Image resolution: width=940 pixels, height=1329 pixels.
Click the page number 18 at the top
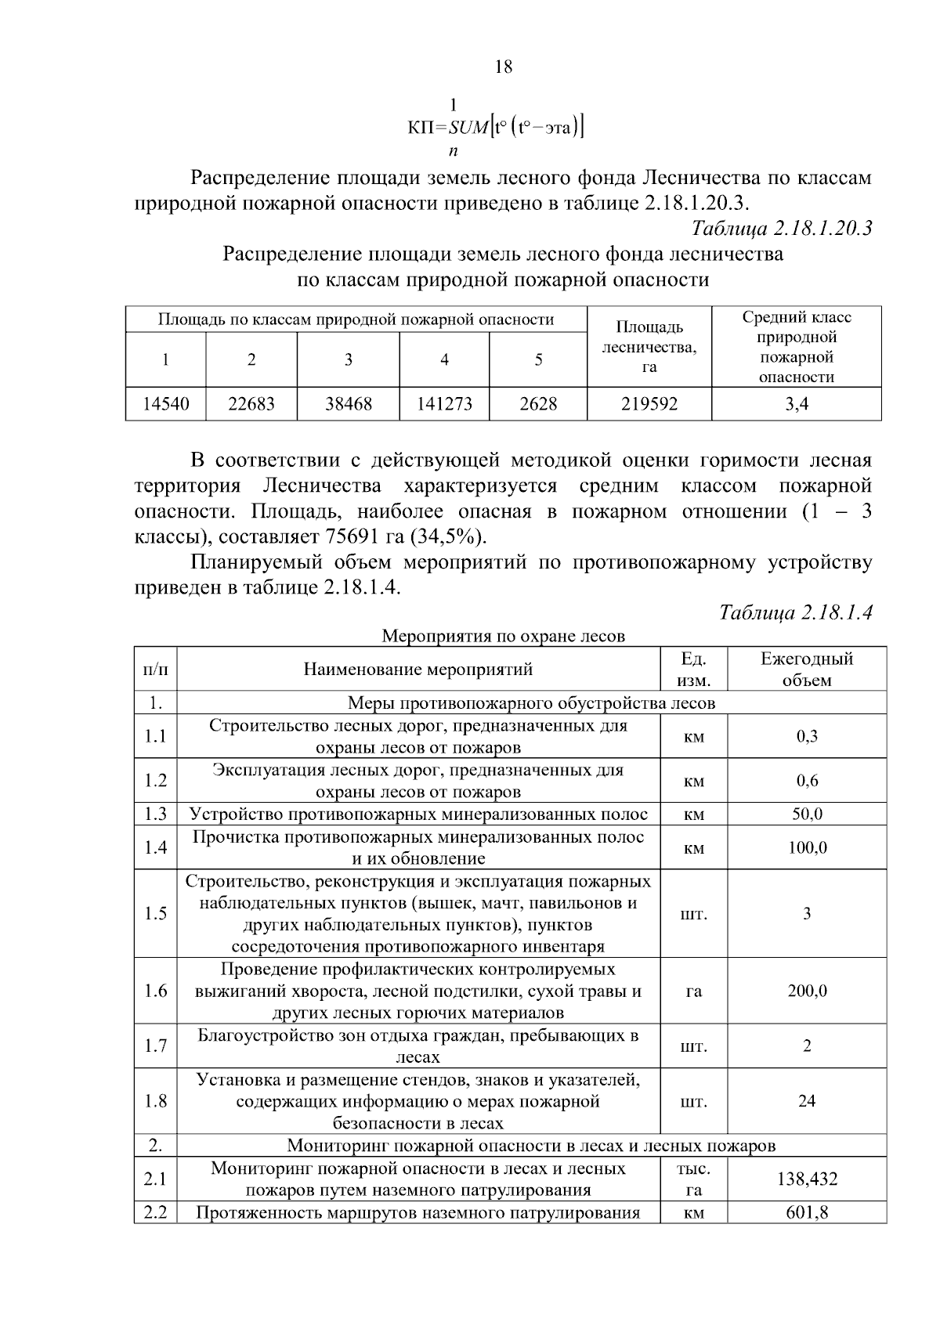point(504,67)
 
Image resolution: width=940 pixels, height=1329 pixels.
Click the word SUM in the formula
point(468,125)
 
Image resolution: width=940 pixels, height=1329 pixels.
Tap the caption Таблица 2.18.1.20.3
point(782,228)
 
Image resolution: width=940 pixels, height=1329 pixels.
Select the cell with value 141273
point(444,404)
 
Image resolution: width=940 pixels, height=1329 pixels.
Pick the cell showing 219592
point(649,404)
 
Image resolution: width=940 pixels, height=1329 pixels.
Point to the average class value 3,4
point(797,404)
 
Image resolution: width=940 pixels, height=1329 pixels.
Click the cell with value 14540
point(165,404)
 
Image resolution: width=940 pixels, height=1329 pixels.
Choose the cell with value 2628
point(538,404)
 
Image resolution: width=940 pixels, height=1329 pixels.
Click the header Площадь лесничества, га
point(649,346)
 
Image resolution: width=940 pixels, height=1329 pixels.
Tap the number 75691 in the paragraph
point(347,537)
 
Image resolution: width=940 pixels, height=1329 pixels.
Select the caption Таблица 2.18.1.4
point(796,612)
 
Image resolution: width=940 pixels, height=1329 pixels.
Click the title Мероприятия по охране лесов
point(503,636)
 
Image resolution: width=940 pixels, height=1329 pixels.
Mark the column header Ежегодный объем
point(807,669)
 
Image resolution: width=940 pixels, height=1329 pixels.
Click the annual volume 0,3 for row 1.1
point(807,736)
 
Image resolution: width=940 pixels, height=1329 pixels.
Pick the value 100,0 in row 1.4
point(807,847)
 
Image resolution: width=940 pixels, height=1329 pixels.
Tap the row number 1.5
point(156,913)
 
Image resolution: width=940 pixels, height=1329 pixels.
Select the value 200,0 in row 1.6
point(807,991)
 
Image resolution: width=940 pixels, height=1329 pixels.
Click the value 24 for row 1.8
point(807,1101)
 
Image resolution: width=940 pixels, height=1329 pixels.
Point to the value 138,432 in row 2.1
point(807,1179)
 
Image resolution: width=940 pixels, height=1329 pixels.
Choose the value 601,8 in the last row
point(807,1213)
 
